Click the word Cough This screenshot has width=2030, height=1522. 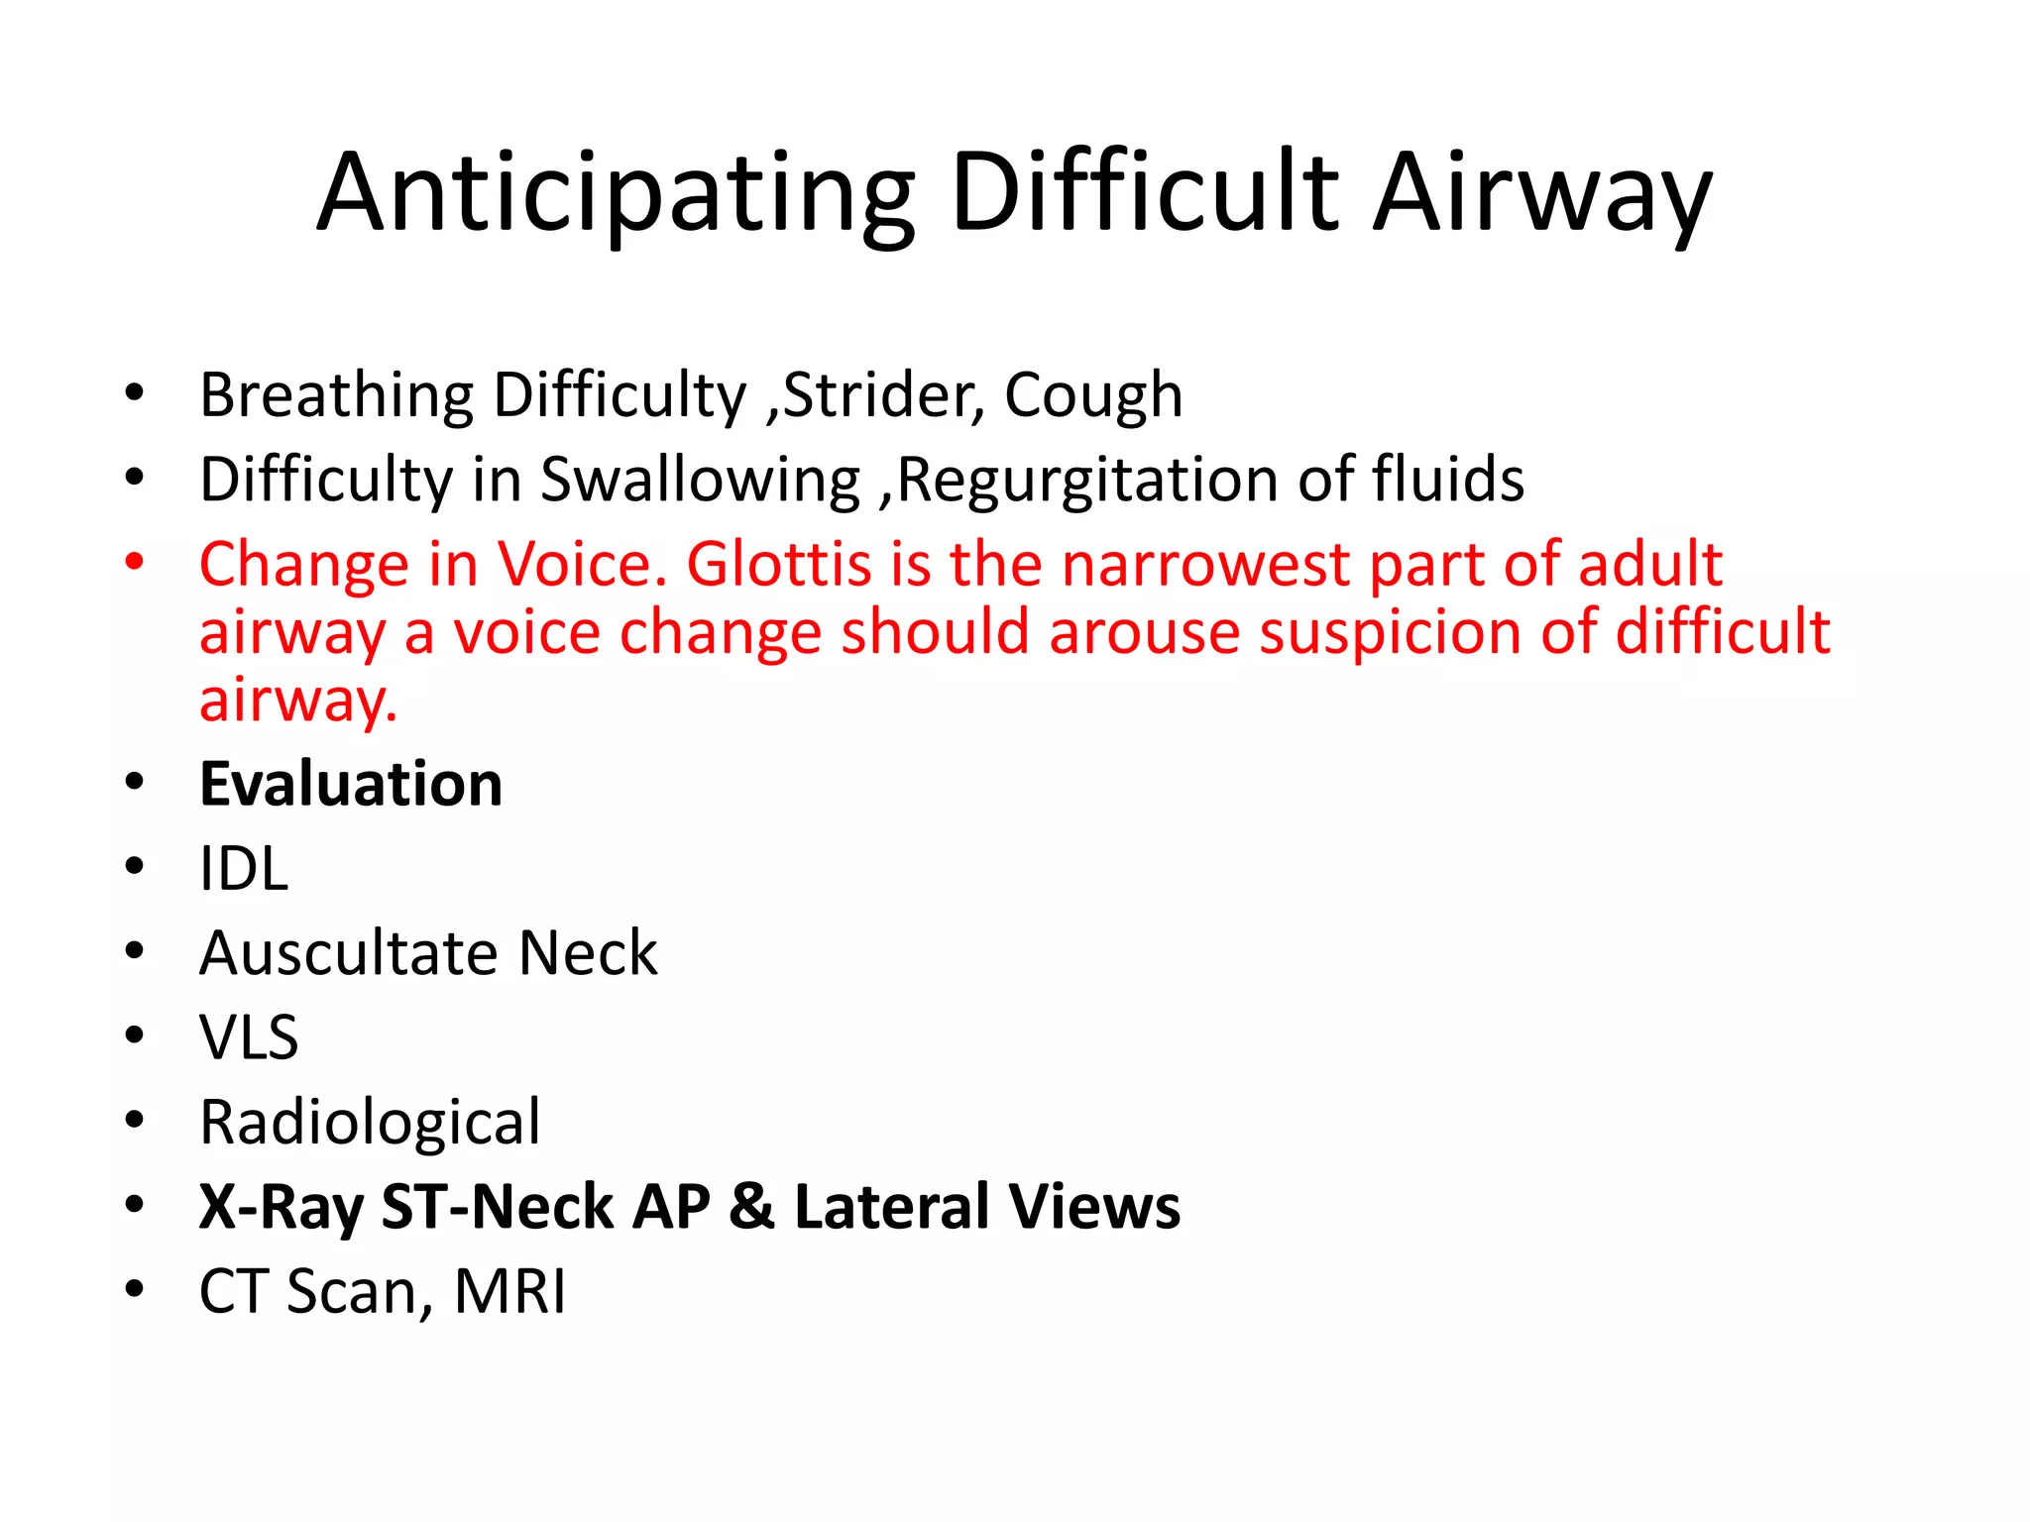pos(1093,395)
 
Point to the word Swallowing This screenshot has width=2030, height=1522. pos(700,481)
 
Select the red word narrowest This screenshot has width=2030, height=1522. pos(1205,565)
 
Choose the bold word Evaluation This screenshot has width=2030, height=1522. pos(351,785)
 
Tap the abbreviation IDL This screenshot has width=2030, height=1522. pos(244,869)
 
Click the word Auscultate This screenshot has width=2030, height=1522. pos(349,953)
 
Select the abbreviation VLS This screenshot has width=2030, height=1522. pos(249,1038)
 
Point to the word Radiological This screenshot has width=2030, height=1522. pos(370,1123)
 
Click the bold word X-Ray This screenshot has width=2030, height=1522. pos(281,1208)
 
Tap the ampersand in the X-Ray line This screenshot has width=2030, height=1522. pos(751,1208)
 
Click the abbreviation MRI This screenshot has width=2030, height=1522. pos(509,1292)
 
